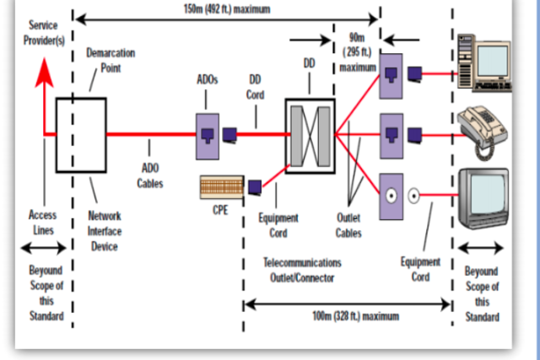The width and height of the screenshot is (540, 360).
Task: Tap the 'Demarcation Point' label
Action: point(111,59)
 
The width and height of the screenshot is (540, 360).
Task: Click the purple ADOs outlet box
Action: point(208,132)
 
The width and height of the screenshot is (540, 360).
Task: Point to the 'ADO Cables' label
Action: point(150,176)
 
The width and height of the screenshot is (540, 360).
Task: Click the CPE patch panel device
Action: point(222,185)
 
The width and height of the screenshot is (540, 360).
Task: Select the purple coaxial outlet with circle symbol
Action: point(391,196)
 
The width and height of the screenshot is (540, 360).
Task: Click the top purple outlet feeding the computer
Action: point(391,74)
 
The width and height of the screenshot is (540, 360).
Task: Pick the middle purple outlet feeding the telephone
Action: point(391,132)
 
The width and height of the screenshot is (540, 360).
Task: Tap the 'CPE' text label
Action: point(220,210)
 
